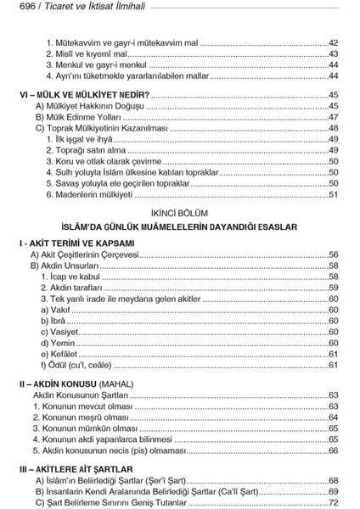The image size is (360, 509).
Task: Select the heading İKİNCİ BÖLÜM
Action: coord(179,212)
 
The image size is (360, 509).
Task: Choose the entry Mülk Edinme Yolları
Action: coord(82,117)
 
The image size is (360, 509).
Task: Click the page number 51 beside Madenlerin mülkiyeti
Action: coord(334,195)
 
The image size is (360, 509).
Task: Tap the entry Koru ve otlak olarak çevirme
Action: coord(106,161)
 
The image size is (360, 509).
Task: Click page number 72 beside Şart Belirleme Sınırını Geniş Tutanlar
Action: coord(334,502)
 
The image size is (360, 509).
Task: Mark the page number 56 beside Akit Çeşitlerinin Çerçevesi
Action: coord(334,255)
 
